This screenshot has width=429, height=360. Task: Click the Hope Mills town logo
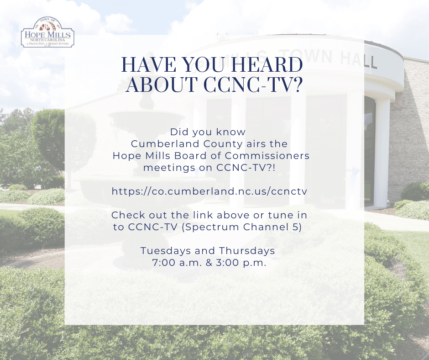(47, 33)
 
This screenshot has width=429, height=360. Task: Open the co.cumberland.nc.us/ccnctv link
(209, 191)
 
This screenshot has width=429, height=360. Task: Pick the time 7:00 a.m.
(175, 263)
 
